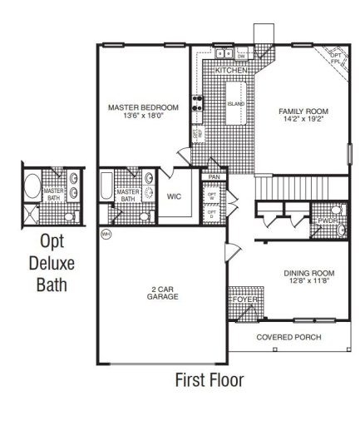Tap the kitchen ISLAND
236,105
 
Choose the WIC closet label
174,197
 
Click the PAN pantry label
214,177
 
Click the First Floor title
208,380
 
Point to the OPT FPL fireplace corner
335,58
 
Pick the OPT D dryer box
212,214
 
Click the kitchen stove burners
199,104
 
